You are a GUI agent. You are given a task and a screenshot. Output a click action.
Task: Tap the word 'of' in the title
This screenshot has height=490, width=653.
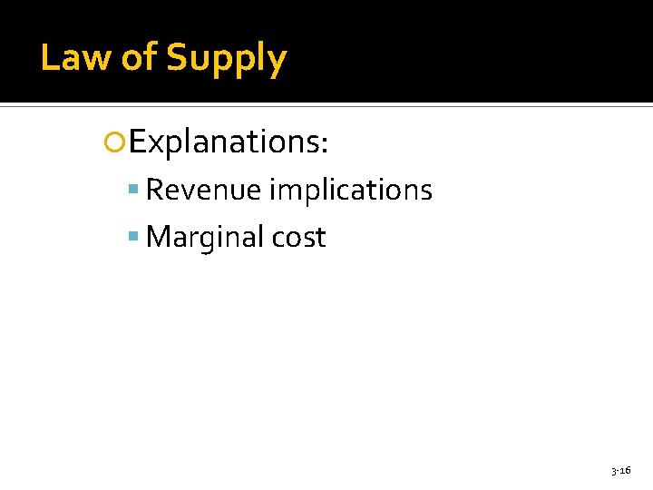[139, 58]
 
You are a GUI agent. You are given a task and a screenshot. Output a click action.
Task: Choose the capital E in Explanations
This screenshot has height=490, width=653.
[136, 142]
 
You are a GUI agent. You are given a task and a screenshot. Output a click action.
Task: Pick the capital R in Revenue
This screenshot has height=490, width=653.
[154, 191]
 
